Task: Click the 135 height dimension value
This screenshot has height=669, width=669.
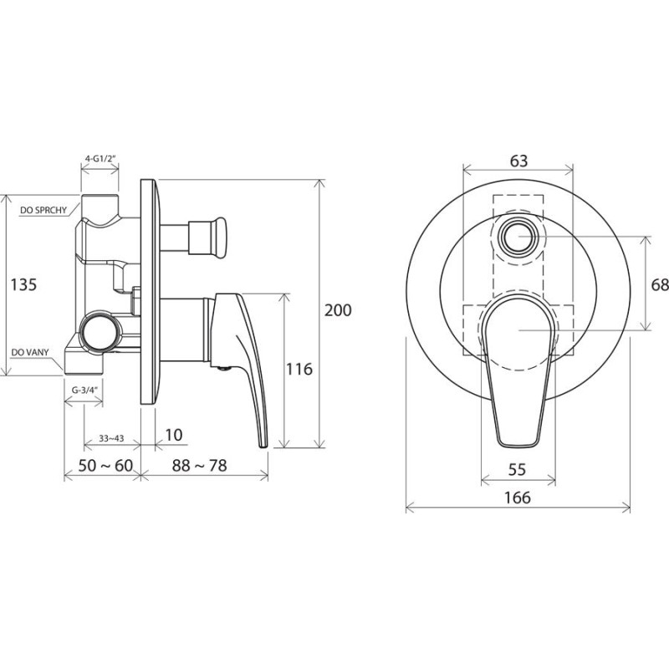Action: [23, 284]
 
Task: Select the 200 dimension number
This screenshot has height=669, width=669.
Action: [338, 310]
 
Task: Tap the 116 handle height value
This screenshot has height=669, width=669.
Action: [299, 369]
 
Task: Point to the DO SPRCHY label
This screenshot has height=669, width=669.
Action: [43, 210]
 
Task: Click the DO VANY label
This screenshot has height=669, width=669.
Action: [30, 352]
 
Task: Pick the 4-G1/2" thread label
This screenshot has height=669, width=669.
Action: [100, 159]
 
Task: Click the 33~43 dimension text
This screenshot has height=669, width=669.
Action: [111, 438]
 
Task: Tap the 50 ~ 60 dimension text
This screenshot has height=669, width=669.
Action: [105, 466]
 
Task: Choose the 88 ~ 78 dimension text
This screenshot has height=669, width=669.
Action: [199, 466]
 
